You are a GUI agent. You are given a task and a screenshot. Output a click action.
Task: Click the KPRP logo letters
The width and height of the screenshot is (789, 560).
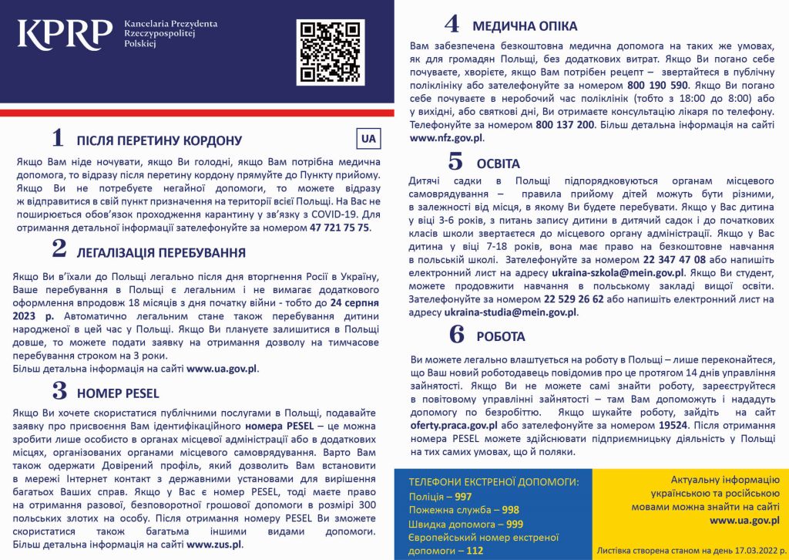pos(65,35)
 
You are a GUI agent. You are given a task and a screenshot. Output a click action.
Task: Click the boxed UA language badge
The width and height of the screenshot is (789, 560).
pos(368,139)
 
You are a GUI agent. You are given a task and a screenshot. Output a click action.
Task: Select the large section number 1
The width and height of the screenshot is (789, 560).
pos(57,138)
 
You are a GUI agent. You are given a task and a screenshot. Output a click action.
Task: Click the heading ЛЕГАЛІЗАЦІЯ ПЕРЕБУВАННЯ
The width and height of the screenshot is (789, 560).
pos(161,252)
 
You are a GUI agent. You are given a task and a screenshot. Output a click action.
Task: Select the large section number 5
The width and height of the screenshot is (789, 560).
pos(455,161)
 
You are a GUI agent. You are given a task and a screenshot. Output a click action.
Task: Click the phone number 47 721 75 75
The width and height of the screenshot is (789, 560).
pos(340,228)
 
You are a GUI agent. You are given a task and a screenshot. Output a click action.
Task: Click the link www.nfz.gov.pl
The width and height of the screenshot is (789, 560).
pos(447,137)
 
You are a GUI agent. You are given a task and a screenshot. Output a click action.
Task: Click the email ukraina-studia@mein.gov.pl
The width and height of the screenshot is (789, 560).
pos(511,312)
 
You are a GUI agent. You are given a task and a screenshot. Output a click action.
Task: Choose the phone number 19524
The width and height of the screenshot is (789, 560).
pos(675,425)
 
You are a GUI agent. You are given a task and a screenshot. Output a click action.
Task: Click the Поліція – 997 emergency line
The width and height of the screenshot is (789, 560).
pos(441,496)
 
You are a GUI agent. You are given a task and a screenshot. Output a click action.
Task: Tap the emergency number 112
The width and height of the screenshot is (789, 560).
pos(475,551)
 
